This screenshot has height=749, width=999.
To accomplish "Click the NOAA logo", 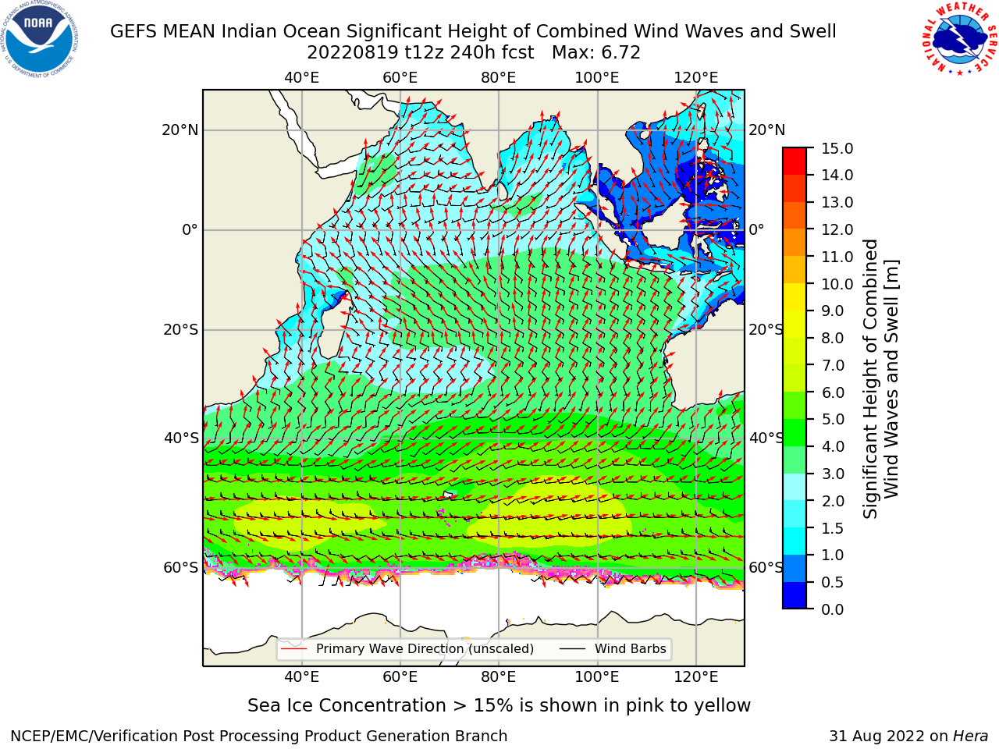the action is (x=39, y=39).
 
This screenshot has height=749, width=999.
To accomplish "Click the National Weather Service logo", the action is (x=960, y=39).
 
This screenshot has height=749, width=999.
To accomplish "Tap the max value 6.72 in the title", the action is (x=620, y=53).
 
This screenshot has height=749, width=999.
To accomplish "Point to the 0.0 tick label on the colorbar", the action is (x=833, y=609).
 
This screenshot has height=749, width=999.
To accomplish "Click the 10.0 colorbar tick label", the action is (x=837, y=284).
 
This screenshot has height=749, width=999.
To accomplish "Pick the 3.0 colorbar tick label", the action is (x=833, y=474).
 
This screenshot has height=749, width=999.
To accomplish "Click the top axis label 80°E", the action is (x=499, y=78).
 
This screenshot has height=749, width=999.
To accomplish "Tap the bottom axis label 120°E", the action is (x=696, y=677).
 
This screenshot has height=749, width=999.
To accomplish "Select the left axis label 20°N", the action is (x=180, y=130).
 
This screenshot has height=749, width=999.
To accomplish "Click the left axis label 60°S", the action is (x=181, y=568).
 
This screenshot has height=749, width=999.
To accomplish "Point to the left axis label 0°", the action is (x=190, y=229).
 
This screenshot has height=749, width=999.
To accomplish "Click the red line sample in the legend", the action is (x=294, y=649).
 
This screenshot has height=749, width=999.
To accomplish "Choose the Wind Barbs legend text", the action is (x=631, y=649).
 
